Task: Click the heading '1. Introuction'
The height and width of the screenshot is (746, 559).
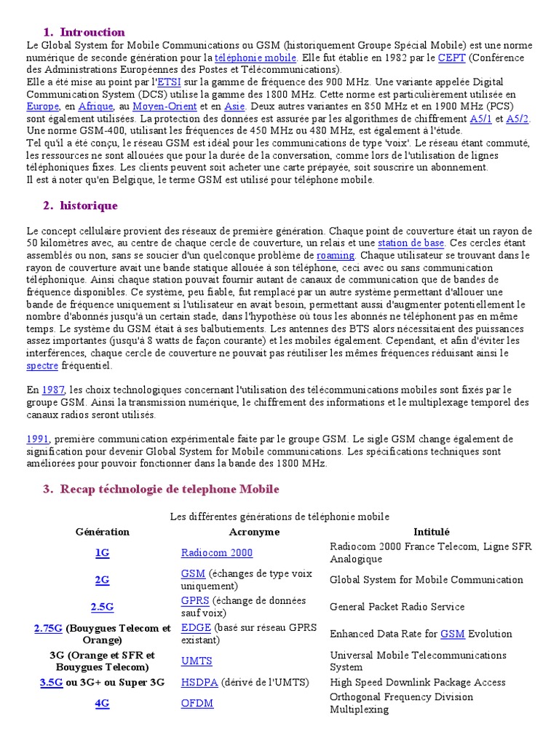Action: tap(84, 32)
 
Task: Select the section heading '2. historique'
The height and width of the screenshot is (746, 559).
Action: tap(80, 206)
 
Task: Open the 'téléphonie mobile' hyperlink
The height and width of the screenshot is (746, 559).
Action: tap(255, 57)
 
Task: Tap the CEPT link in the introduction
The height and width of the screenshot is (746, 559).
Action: tap(447, 57)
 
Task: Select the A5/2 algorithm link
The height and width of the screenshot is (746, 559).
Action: tap(518, 118)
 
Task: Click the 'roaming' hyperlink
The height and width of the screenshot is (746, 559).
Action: tap(336, 255)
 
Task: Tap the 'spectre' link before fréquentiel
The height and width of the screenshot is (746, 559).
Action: tap(41, 365)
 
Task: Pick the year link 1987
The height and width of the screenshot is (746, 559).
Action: tap(53, 390)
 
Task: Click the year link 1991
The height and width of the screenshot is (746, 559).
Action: tap(37, 439)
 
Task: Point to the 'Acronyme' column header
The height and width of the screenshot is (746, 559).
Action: tap(254, 532)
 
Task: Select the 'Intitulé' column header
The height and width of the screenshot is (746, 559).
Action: tap(432, 532)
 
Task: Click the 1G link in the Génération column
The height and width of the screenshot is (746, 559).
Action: tap(103, 553)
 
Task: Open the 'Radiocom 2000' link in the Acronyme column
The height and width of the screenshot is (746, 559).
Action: tap(217, 553)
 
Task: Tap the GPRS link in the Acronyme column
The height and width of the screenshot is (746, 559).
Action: tap(195, 600)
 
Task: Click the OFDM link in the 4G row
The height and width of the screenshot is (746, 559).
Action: tap(197, 704)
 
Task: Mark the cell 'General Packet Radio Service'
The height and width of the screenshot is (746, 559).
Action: tap(397, 607)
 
